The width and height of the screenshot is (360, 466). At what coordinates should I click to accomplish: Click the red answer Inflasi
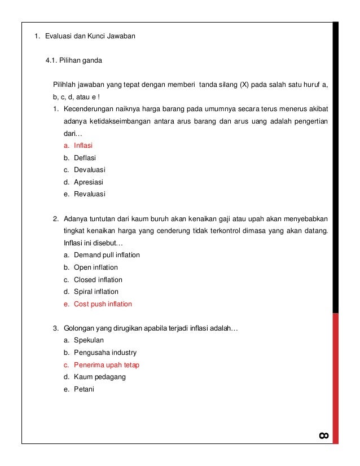83,146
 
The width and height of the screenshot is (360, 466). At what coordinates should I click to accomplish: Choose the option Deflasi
85,158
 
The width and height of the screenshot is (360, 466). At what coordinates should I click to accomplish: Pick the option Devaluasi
90,170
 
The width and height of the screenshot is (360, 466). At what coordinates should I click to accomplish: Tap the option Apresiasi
89,182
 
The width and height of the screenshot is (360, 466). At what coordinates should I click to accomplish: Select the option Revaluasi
90,194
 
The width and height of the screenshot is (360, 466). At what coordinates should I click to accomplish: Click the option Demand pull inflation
107,255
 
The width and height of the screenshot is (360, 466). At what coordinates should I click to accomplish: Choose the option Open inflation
96,267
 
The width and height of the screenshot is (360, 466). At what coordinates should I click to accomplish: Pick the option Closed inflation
98,280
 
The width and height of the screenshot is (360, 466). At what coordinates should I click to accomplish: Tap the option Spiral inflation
96,292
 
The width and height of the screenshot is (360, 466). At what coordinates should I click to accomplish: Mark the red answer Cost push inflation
103,304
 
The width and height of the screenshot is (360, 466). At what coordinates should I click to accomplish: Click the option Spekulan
89,341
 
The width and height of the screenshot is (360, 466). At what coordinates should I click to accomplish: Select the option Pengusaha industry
105,353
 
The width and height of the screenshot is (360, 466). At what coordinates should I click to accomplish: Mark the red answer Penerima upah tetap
106,365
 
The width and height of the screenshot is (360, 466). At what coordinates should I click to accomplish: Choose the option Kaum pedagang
99,377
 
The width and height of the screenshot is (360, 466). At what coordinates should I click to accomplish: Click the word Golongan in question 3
79,328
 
